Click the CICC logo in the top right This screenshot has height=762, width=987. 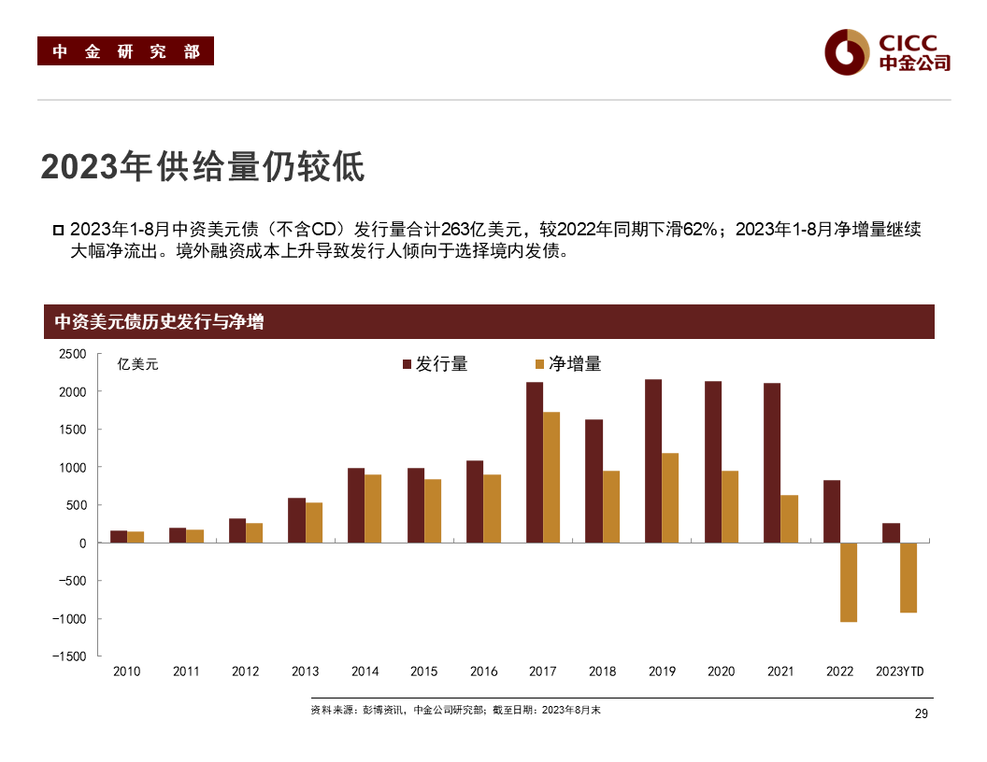[x=887, y=51]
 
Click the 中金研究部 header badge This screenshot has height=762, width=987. [x=125, y=51]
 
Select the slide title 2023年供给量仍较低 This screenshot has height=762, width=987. [x=202, y=167]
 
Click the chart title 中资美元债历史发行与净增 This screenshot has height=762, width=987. [x=159, y=322]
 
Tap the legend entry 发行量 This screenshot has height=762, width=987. [x=435, y=364]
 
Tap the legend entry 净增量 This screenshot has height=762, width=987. [x=567, y=364]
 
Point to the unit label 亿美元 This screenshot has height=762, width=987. [x=137, y=364]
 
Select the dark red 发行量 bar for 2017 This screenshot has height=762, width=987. [x=535, y=462]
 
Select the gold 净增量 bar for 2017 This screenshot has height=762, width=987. [x=551, y=477]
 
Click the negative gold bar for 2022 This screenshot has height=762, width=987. [x=849, y=582]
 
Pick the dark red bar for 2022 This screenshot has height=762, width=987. [x=832, y=511]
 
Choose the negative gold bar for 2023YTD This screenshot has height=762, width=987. [x=908, y=577]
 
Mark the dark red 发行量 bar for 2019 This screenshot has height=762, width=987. [x=653, y=460]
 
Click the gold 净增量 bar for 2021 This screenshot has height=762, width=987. [x=790, y=518]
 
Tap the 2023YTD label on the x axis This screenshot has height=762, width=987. [x=899, y=671]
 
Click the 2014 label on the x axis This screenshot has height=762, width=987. [x=365, y=671]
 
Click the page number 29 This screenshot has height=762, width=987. [x=920, y=713]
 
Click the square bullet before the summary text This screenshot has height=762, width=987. [x=58, y=231]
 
